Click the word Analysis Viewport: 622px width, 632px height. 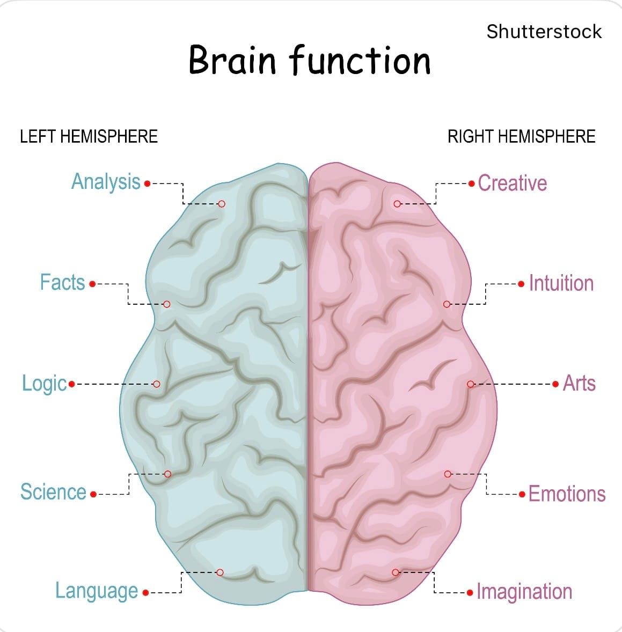106,182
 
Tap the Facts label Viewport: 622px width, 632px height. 62,282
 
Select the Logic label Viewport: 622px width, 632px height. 45,384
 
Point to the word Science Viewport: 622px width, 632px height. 53,492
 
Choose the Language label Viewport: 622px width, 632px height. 97,592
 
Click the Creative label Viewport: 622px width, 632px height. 513,183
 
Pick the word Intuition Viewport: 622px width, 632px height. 561,283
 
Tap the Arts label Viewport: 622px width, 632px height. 579,383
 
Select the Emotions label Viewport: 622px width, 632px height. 567,494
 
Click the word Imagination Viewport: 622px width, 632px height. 524,592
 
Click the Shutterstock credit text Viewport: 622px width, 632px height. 544,32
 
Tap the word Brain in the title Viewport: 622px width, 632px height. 232,60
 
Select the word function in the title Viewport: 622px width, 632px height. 360,60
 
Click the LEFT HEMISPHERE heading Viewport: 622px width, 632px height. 89,136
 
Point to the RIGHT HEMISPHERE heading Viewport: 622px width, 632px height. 522,136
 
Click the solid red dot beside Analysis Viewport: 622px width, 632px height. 147,184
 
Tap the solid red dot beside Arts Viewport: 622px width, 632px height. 555,384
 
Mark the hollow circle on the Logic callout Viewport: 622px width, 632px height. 157,384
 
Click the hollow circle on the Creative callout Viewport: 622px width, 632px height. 397,204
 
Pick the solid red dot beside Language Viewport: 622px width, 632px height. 145,592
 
